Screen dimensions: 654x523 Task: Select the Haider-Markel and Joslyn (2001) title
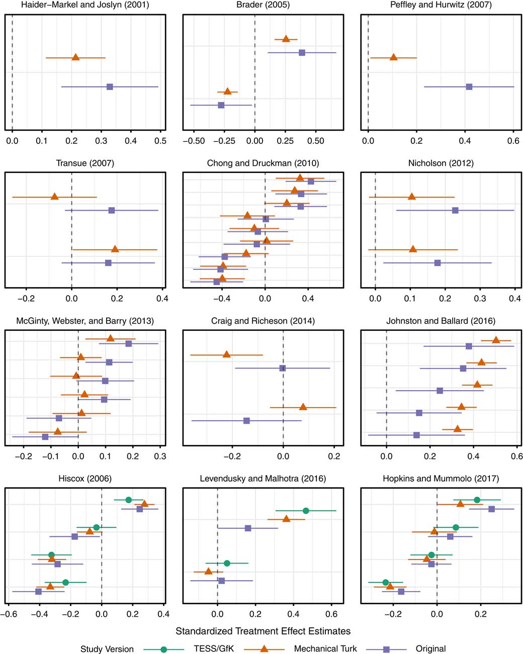85,5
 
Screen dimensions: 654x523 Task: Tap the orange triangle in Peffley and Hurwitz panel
394,57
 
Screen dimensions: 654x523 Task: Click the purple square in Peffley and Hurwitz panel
469,87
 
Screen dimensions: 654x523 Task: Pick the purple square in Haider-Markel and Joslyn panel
110,87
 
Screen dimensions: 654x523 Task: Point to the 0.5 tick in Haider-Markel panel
160,141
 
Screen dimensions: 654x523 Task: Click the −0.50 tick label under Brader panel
194,141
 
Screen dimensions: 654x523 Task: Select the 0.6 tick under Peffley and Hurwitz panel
513,141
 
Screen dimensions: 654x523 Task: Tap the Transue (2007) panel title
85,163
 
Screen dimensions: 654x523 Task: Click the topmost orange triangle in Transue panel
54,196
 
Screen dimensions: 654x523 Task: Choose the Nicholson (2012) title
441,163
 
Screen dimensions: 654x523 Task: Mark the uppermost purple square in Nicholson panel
455,210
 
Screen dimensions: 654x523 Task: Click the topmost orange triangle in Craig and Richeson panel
226,354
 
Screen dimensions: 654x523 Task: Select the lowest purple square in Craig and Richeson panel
246,420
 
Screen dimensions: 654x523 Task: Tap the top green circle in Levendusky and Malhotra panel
306,510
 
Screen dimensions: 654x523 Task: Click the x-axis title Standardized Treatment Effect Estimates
263,631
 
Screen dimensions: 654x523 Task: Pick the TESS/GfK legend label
213,649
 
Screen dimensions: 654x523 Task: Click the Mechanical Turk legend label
325,649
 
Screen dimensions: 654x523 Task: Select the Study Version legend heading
107,649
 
